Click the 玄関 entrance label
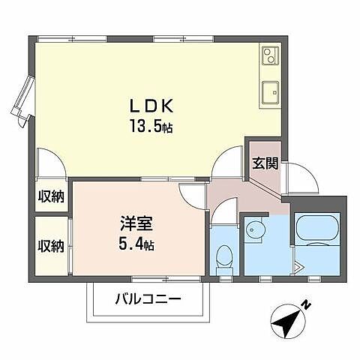coord(264,163)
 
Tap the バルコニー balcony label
coord(147,299)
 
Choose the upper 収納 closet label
coord(51,196)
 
